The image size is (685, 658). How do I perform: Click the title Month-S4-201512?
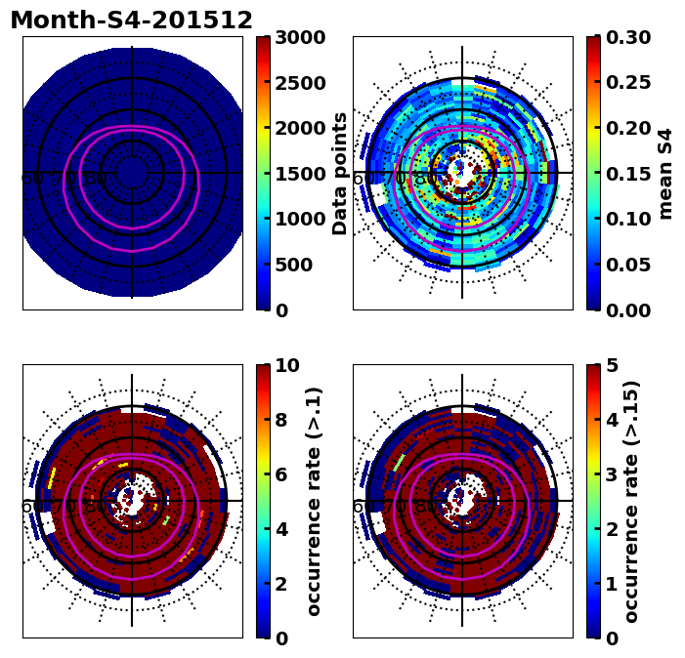[131, 21]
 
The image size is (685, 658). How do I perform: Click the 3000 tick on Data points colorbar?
[299, 37]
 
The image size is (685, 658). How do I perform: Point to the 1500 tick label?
[299, 174]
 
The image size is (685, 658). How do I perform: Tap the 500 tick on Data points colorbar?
[293, 265]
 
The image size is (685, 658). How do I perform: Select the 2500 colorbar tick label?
[299, 83]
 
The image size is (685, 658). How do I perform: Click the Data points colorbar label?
[340, 173]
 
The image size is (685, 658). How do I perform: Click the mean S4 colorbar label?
[665, 173]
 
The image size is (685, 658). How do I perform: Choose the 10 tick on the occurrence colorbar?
[286, 365]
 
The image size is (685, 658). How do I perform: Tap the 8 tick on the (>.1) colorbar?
[280, 420]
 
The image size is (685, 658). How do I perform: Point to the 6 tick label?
[280, 474]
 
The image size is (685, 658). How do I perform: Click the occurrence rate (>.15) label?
[631, 501]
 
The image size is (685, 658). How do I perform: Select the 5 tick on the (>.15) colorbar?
[611, 365]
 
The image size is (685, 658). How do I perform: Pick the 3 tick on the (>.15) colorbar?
[611, 474]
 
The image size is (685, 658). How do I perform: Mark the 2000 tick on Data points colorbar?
[299, 128]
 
